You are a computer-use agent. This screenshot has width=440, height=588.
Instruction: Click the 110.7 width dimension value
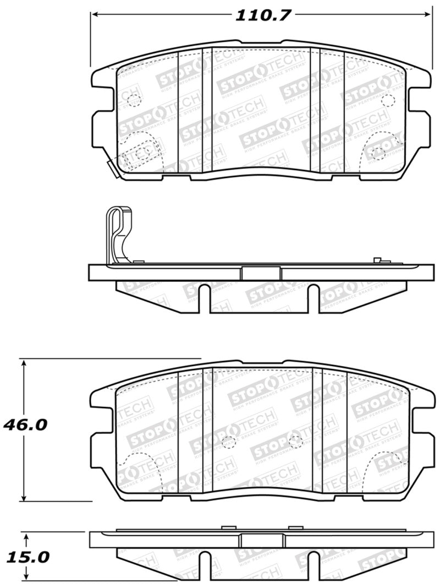tap(262, 15)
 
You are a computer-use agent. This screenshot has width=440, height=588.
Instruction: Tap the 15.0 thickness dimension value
tap(28, 557)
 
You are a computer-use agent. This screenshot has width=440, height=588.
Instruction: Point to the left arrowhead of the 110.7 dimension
tap(94, 14)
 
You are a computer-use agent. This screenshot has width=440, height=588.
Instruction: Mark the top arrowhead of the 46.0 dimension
tap(24, 364)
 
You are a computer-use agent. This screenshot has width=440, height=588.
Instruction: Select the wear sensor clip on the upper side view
tap(117, 231)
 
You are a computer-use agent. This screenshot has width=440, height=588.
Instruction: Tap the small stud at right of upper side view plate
tap(377, 259)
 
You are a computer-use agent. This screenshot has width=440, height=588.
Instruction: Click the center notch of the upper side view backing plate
tap(261, 273)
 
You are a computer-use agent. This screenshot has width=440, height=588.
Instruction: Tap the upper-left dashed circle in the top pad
tap(133, 100)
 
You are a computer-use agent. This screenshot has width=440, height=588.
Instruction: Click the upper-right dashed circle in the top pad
tap(388, 100)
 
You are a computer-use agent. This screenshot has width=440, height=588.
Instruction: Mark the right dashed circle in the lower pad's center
tap(296, 440)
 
